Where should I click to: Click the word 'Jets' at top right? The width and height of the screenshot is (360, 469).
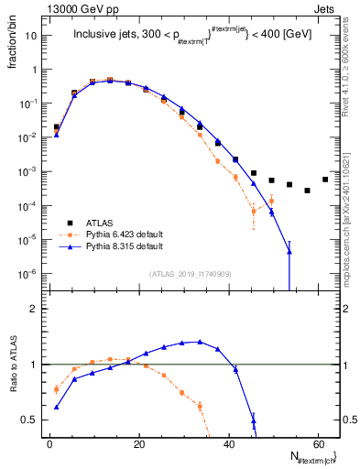pyautogui.click(x=325, y=7)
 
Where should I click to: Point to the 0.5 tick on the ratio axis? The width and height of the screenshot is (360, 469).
pyautogui.click(x=30, y=420)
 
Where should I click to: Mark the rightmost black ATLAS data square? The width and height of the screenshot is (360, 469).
pyautogui.click(x=325, y=179)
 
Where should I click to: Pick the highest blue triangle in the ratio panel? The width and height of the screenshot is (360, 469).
pyautogui.click(x=200, y=342)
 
